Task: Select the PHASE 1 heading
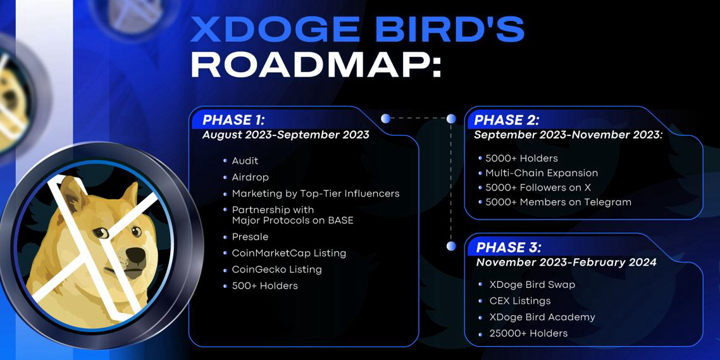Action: click(233, 120)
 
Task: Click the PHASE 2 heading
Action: click(507, 120)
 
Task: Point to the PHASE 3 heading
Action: click(509, 248)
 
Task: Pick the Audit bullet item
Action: click(245, 161)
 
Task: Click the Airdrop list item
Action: click(251, 177)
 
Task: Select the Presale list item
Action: click(250, 237)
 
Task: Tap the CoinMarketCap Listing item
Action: click(289, 254)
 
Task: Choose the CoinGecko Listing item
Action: click(277, 270)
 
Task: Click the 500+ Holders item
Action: click(265, 285)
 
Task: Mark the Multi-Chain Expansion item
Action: click(542, 173)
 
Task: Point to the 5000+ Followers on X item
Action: click(538, 187)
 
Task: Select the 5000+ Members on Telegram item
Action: click(559, 202)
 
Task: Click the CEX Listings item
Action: click(520, 301)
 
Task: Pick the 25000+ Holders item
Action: click(528, 333)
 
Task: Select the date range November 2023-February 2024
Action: click(566, 263)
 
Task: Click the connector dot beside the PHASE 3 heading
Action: click(451, 246)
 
